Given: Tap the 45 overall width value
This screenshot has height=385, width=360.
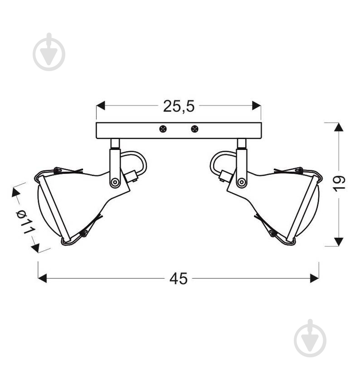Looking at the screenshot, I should pos(178,279).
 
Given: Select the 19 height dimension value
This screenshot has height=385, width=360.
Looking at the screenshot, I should pos(339,183).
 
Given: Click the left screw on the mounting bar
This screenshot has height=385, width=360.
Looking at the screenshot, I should pos(163,129).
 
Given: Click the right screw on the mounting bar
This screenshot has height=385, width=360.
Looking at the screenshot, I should pos(195,129).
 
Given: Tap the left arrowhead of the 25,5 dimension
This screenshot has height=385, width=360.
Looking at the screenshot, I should pos(101,106).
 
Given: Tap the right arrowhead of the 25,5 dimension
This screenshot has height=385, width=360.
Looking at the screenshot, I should pos(257,106).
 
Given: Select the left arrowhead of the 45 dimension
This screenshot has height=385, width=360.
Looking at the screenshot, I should pos(42,278).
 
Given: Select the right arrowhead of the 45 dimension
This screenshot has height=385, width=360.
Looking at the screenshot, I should pos(314,278).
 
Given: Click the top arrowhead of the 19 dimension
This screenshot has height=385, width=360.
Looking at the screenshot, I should pos(339,127).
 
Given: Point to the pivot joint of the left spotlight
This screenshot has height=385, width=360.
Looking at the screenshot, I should pos(115,182).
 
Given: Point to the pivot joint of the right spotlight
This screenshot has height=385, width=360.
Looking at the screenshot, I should pos(241,182).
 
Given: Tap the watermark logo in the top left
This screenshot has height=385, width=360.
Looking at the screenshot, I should pos(49,52).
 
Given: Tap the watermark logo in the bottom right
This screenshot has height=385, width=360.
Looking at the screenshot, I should pos(310,338).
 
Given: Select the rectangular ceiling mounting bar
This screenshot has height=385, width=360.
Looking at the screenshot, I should pos(179,130).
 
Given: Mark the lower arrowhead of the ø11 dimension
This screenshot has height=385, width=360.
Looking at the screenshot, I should pos(35,247).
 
